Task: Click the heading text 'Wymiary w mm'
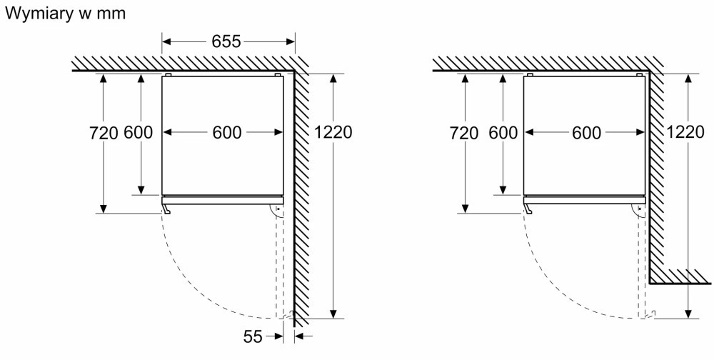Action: point(65,14)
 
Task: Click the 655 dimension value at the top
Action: point(226,41)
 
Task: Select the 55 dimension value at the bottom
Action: point(253,336)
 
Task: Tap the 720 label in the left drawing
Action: point(104,133)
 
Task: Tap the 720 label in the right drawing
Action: point(464,134)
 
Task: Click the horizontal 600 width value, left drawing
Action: point(227,133)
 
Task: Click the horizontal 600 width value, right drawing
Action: point(586,133)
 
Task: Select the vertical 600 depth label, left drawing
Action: point(138,133)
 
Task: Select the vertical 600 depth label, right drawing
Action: point(503,133)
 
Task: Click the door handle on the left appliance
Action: point(166,209)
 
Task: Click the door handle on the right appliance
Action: point(528,209)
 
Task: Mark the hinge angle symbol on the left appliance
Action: point(275,211)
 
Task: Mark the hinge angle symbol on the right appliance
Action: point(637,211)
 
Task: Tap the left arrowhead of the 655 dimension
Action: point(166,42)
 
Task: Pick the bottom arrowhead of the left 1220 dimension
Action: point(333,314)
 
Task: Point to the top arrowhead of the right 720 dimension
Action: point(465,79)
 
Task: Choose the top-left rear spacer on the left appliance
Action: point(168,74)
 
